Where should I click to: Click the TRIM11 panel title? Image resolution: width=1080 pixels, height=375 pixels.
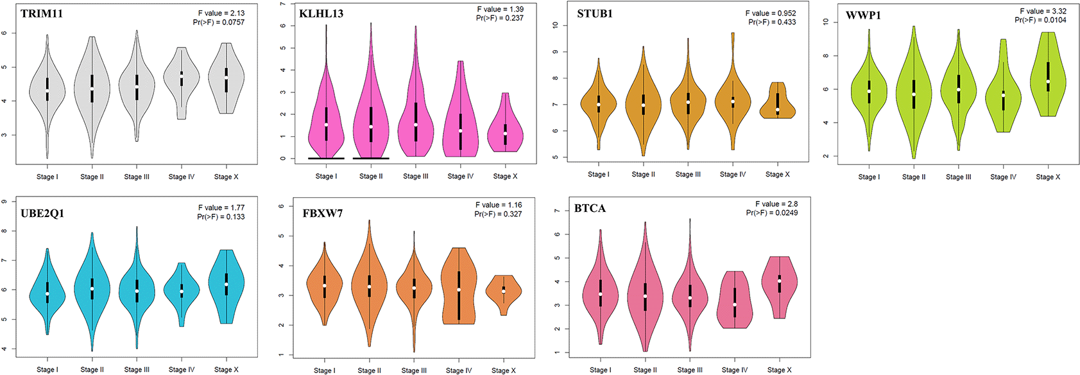point(42,13)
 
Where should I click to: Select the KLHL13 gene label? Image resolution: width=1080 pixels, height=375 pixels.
point(321,13)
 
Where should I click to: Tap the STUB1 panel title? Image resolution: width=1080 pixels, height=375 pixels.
point(595,13)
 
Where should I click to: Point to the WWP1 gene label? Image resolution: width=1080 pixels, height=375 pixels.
point(863,15)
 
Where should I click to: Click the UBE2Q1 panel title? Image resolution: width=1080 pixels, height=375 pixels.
point(42,213)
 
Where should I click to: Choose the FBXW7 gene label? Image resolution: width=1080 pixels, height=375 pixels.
point(323,213)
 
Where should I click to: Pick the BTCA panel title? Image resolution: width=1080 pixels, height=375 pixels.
point(590,208)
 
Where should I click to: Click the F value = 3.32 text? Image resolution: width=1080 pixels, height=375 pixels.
point(1043,11)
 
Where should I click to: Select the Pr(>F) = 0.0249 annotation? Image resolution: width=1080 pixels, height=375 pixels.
point(772,213)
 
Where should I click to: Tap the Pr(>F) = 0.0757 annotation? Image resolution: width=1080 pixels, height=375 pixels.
point(219,22)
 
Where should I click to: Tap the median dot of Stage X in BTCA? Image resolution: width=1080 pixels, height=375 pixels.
point(780,281)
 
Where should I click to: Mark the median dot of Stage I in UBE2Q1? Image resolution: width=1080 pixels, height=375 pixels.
point(47,294)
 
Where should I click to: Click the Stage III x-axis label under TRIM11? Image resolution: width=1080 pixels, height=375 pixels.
point(137,177)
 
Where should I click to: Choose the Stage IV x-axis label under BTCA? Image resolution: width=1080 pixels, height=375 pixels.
point(734,370)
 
